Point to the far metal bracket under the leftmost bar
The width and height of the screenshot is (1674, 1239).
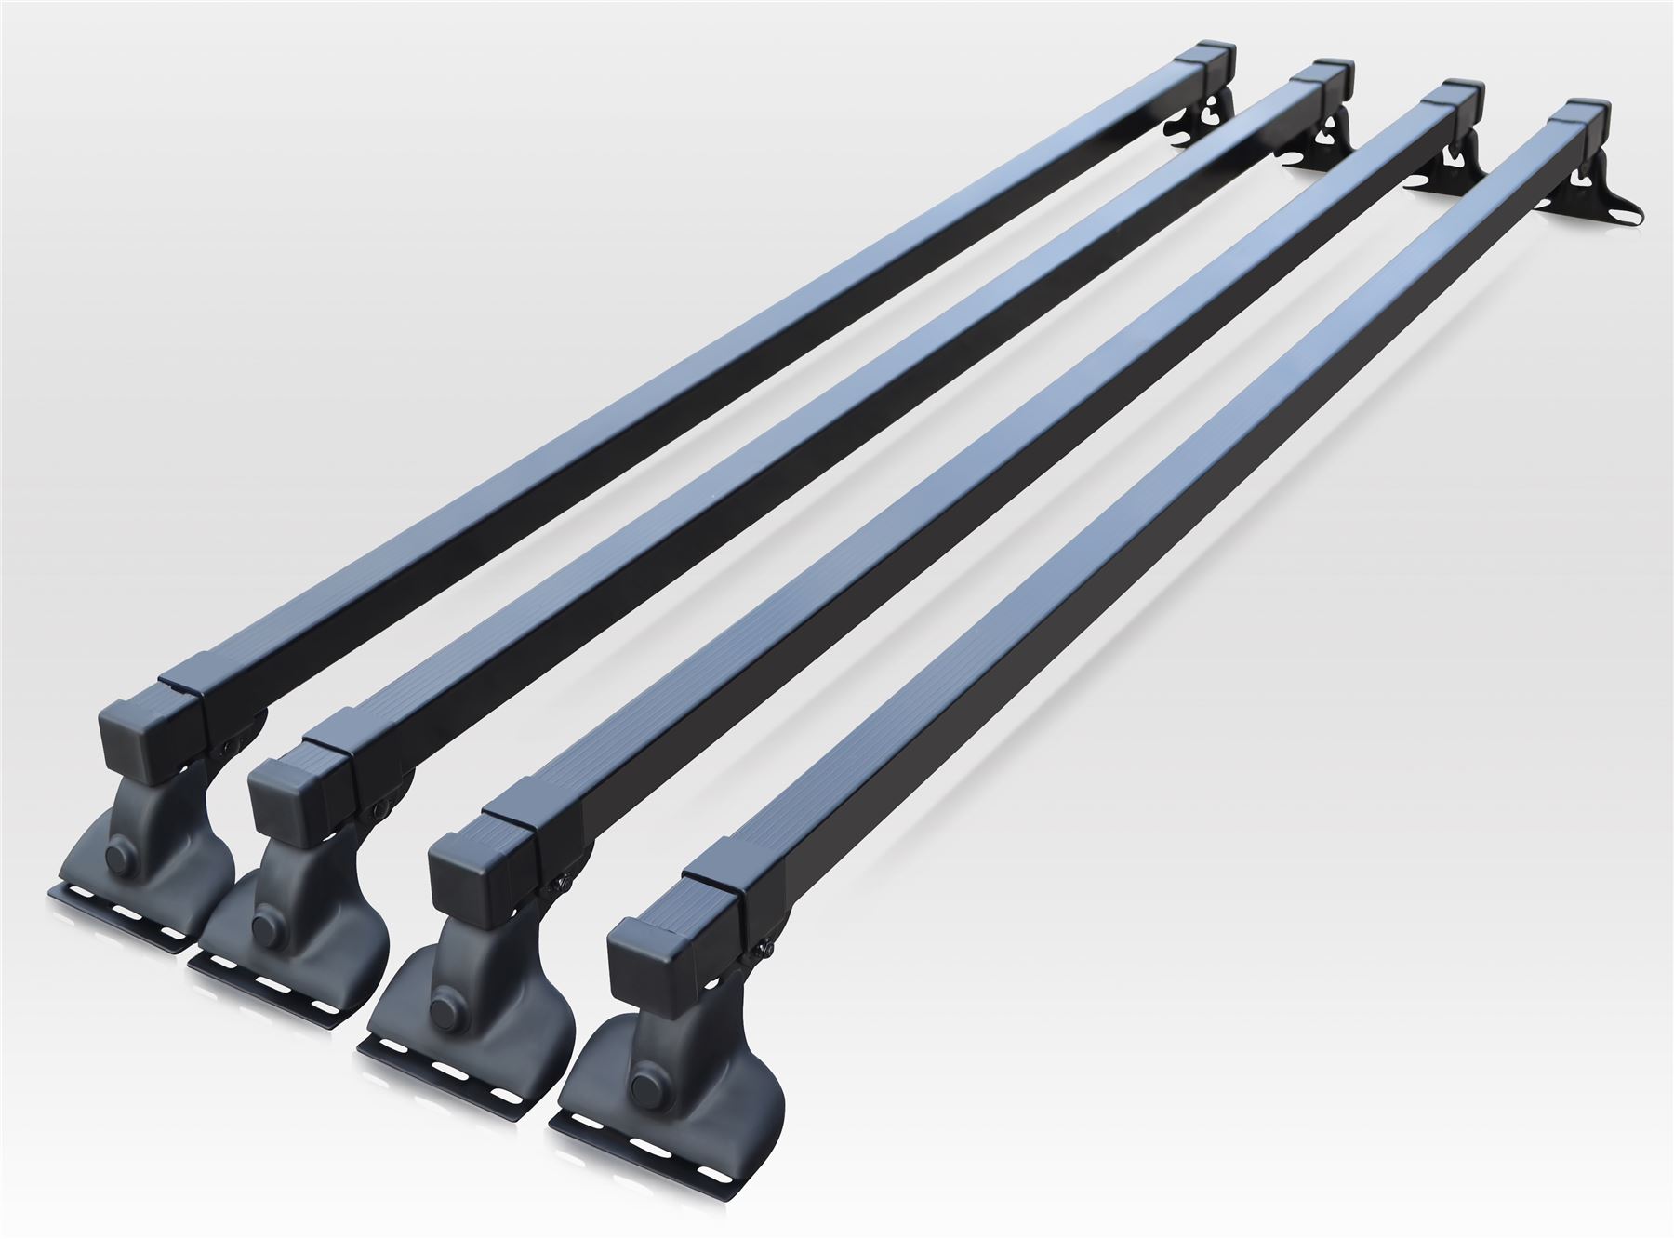[x=1200, y=126]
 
